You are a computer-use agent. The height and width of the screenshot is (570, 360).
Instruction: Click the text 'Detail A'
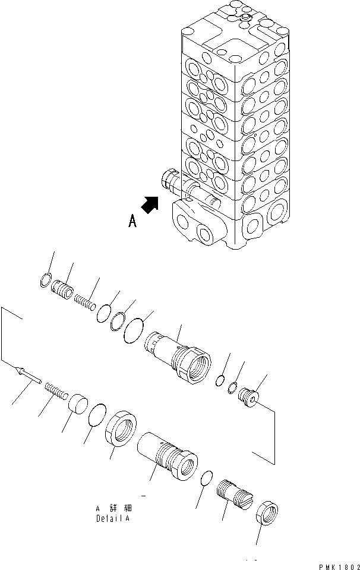(x=113, y=518)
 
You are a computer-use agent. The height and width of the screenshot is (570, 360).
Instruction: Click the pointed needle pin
(x=27, y=376)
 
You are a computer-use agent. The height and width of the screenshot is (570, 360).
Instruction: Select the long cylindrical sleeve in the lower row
(x=166, y=455)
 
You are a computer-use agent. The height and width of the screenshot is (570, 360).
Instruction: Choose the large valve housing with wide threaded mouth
(x=183, y=357)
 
